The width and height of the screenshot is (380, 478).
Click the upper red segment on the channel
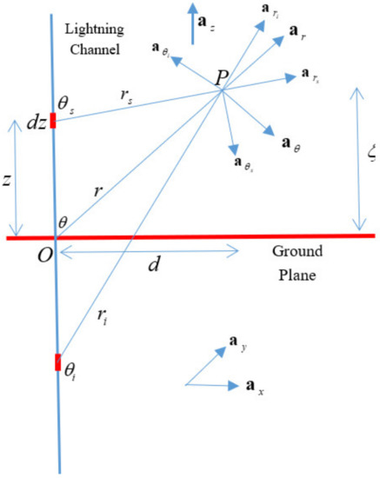(55, 120)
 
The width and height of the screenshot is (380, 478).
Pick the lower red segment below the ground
(57, 361)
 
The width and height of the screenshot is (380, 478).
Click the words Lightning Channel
(97, 38)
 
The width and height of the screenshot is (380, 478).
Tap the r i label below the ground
(101, 322)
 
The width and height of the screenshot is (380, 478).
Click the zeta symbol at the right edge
(371, 154)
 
